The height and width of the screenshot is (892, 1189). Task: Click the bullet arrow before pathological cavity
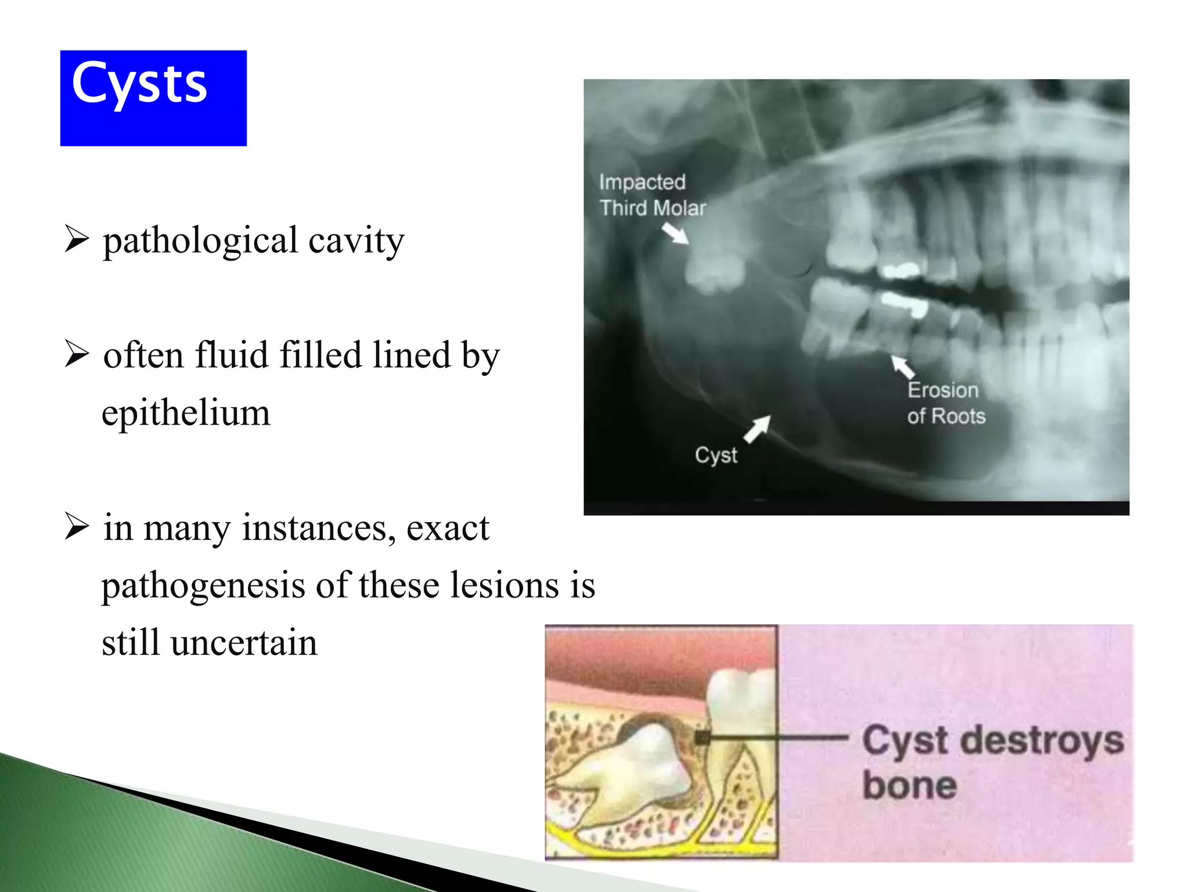(x=77, y=239)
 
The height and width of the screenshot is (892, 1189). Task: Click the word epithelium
(x=186, y=413)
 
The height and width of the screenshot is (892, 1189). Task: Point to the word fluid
(x=232, y=355)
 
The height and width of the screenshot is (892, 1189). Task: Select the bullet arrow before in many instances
(x=77, y=527)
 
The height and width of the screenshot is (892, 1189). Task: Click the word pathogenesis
(x=203, y=585)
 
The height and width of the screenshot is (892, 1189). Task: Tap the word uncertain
(x=244, y=643)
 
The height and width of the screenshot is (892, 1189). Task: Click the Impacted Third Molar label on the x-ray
(x=651, y=195)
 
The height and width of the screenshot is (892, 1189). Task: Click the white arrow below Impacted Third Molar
(x=675, y=234)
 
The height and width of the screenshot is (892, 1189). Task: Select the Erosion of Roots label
(x=946, y=403)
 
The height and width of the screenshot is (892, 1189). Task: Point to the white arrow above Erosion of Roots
(x=903, y=367)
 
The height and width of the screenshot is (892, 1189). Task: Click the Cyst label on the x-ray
(x=716, y=455)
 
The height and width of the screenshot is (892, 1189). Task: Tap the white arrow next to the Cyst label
(x=758, y=429)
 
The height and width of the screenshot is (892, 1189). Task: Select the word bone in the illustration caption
(x=909, y=786)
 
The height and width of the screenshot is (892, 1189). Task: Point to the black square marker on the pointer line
(x=702, y=738)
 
